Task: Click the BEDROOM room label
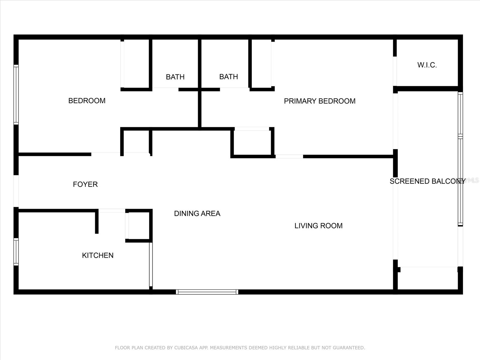tap(87, 101)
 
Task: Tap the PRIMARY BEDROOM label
tap(319, 101)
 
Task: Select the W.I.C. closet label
tap(427, 65)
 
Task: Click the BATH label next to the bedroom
tap(175, 77)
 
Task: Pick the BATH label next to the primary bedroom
tap(229, 77)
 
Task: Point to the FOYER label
tap(85, 184)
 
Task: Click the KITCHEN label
tap(98, 255)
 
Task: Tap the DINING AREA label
tap(197, 214)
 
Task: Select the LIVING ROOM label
tap(318, 226)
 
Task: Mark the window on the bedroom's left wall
tap(16, 94)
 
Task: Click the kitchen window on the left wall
tap(16, 252)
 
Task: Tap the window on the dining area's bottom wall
tap(207, 292)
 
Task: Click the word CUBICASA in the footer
tap(186, 348)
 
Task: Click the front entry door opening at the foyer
tap(16, 191)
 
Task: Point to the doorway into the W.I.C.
tap(395, 71)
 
